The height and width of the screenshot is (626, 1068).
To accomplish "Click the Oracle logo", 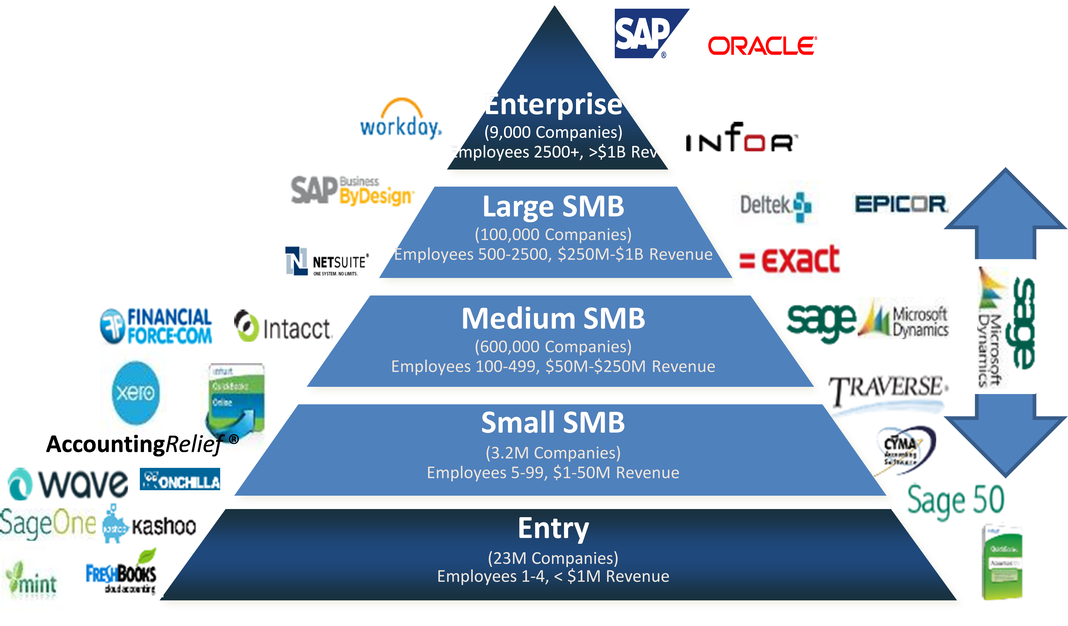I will coord(762,46).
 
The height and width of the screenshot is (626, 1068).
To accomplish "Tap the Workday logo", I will coord(398,117).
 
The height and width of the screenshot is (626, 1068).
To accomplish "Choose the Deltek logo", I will coord(775,207).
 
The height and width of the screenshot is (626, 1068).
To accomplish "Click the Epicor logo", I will coord(902,204).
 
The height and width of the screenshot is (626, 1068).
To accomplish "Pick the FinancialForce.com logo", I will coord(155,325).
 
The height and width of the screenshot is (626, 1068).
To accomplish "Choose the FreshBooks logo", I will coord(121,572).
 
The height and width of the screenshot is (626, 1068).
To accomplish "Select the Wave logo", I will coord(68,484).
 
